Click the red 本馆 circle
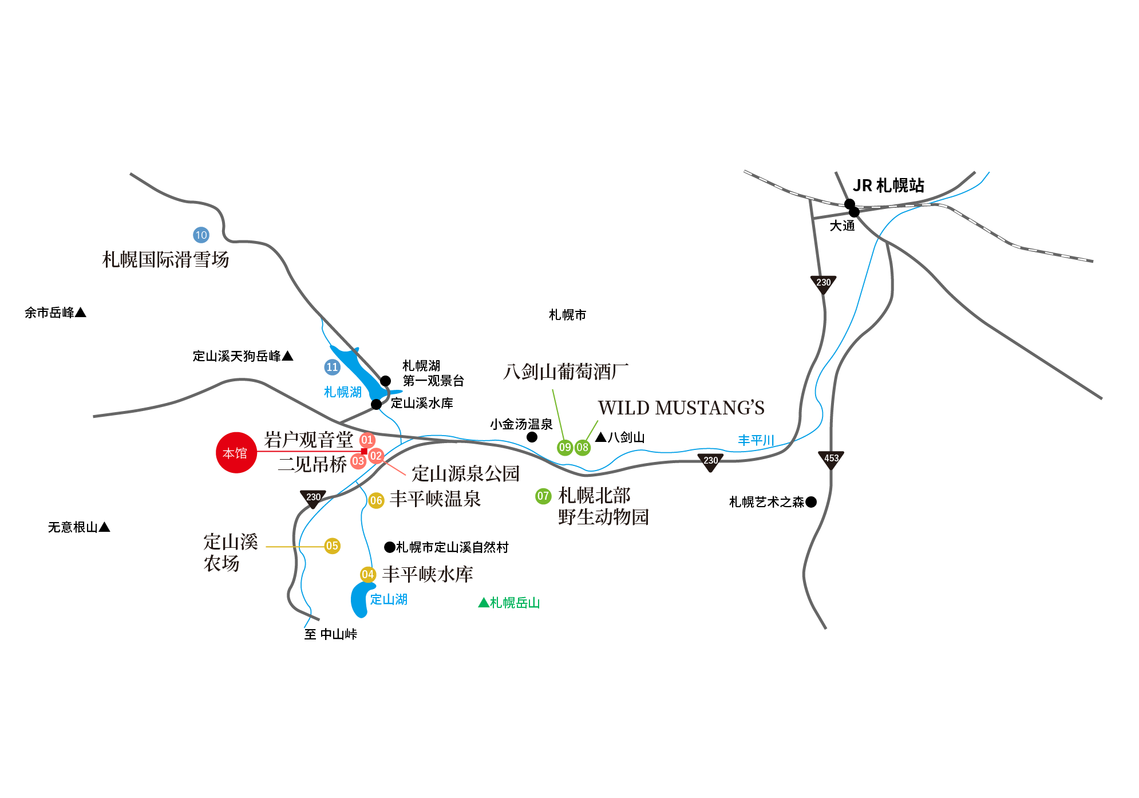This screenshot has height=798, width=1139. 236,453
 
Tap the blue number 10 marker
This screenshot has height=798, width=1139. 201,235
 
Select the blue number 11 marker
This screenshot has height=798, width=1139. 332,367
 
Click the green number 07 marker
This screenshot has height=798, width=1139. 543,496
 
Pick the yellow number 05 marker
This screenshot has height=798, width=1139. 332,546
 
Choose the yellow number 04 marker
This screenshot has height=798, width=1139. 367,574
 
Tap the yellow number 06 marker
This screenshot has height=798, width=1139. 376,500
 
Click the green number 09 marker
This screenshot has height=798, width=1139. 565,447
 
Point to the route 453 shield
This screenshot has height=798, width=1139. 831,459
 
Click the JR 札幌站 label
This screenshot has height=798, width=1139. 888,185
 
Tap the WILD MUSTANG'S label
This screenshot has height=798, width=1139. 681,408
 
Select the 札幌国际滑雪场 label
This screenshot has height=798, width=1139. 165,260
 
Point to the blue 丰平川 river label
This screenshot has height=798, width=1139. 756,440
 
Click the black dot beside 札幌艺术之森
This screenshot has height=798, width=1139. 811,502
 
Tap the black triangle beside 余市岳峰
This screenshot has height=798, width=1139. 81,313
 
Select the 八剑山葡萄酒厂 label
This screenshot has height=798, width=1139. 565,372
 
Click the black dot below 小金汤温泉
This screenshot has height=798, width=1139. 532,437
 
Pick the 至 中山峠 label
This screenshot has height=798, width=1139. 331,634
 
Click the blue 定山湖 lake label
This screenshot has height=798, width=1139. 389,599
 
